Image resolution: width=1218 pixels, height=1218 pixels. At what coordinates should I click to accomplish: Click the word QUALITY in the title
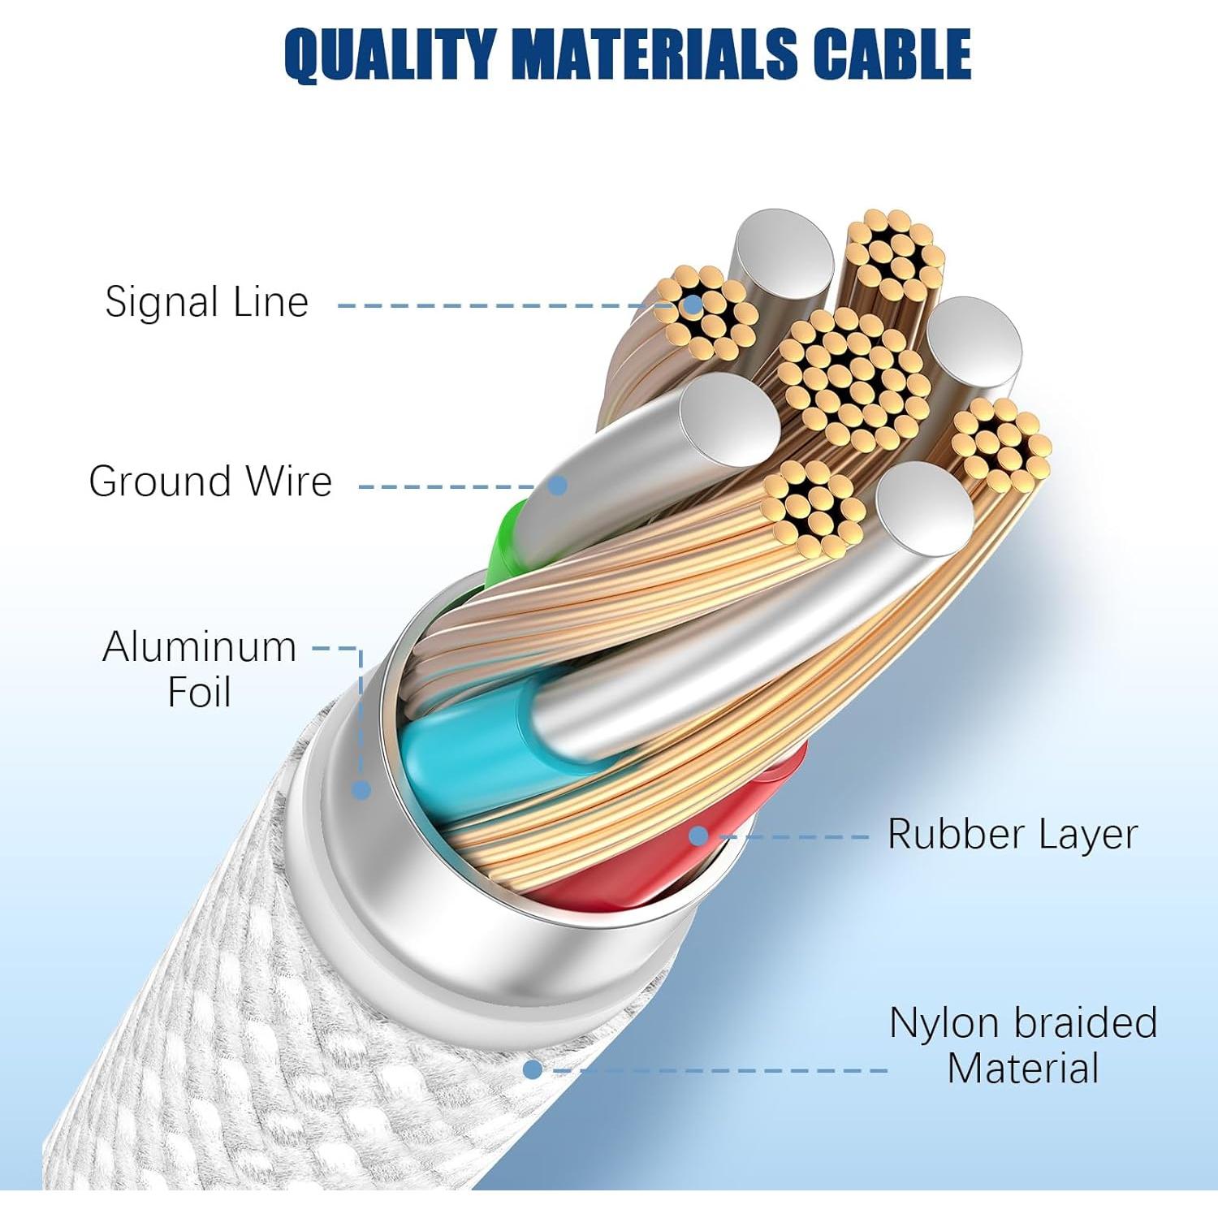(389, 54)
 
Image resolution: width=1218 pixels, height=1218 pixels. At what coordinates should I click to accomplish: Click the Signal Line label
(206, 302)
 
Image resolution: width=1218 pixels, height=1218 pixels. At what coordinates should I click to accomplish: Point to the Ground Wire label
(210, 482)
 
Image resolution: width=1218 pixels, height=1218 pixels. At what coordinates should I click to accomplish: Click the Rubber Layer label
(1012, 835)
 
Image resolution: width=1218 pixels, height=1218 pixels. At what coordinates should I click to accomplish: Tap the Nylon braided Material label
(1022, 1046)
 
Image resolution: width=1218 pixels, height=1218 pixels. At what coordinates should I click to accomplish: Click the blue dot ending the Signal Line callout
(693, 305)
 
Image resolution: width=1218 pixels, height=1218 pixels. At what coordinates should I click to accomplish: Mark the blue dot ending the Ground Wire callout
(557, 486)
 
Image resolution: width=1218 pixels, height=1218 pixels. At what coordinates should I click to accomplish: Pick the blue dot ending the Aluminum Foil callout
(361, 789)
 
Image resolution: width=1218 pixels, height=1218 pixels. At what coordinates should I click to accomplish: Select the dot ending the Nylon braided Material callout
(533, 1069)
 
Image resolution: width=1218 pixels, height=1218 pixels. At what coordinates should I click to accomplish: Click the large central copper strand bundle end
(853, 378)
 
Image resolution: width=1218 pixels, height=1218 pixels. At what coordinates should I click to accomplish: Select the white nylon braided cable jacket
(203, 1015)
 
